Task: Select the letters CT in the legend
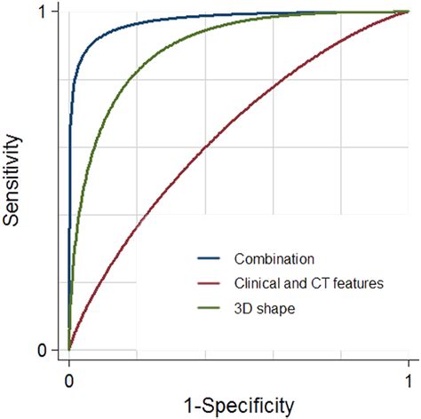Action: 306,284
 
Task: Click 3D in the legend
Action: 244,308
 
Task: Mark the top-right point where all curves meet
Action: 408,12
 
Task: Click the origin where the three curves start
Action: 69,350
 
